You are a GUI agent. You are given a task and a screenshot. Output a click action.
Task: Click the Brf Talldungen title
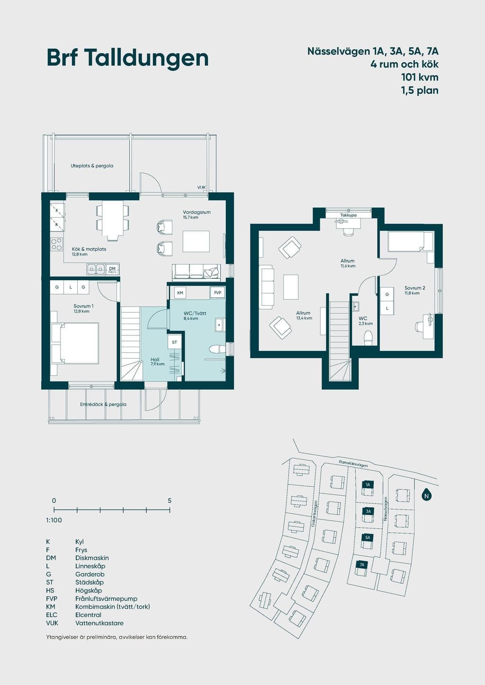tap(128, 58)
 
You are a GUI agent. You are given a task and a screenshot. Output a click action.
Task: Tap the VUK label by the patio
tap(201, 187)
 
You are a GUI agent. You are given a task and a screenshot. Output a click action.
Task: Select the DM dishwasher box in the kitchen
tap(112, 269)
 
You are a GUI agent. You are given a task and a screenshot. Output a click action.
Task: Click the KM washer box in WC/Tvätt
tap(180, 293)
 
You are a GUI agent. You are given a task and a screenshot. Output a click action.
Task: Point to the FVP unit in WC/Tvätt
tap(217, 293)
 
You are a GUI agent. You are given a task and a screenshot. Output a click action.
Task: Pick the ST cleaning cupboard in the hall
tap(174, 342)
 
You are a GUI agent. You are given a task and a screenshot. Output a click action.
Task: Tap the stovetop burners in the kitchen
tap(57, 244)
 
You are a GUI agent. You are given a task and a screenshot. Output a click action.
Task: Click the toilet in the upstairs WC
tap(368, 338)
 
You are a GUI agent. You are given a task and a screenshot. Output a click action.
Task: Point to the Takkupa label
tap(349, 215)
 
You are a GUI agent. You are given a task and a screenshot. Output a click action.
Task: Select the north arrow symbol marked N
tap(426, 495)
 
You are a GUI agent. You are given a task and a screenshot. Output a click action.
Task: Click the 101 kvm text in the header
tap(420, 78)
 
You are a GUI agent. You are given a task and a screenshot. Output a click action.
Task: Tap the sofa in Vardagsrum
tap(196, 272)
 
